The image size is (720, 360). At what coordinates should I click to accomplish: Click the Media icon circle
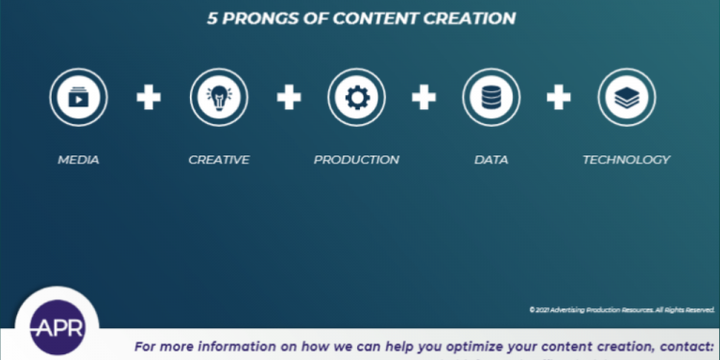[79, 97]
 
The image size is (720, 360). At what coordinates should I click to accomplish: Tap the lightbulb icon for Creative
[219, 97]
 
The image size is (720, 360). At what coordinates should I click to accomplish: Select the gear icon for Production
[356, 97]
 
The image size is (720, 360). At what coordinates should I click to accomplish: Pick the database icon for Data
[492, 97]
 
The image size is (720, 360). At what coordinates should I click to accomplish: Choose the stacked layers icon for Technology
[627, 97]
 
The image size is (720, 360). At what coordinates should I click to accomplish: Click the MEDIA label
[79, 159]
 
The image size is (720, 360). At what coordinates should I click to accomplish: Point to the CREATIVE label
[219, 159]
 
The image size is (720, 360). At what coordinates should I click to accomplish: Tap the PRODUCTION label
[356, 159]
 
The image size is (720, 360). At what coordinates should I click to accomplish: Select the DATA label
[492, 159]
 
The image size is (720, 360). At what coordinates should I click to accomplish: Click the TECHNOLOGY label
[626, 159]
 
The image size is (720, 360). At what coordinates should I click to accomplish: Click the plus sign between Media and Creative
[148, 97]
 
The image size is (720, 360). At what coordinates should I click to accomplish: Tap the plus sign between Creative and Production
[289, 97]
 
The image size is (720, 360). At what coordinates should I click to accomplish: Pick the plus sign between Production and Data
[424, 97]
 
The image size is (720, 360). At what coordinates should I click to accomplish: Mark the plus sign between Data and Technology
[559, 97]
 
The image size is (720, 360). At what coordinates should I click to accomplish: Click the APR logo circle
[57, 326]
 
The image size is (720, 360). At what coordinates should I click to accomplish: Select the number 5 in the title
[213, 18]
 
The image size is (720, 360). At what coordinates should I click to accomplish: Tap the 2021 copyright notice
[621, 309]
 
